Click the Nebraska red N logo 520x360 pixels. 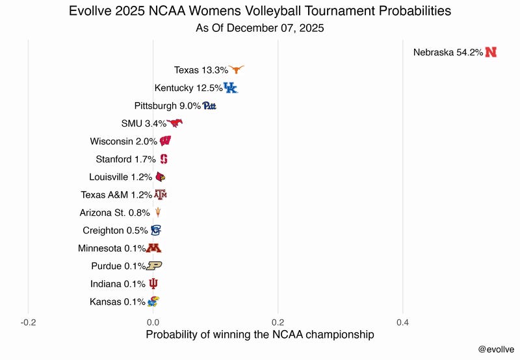491,53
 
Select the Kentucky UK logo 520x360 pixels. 231,88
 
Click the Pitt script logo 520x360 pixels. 209,106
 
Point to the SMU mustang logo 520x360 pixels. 175,123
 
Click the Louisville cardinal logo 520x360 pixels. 161,177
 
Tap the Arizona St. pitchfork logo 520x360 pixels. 157,212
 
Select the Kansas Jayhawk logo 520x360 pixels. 153,302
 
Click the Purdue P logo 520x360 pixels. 154,266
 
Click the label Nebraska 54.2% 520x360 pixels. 448,53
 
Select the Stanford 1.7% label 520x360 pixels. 125,159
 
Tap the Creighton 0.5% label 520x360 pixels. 115,231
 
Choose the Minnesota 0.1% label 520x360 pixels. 112,248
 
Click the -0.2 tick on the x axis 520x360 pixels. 28,322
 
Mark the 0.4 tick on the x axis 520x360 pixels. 403,322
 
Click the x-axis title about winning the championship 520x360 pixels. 260,335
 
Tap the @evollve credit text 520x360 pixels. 495,349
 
